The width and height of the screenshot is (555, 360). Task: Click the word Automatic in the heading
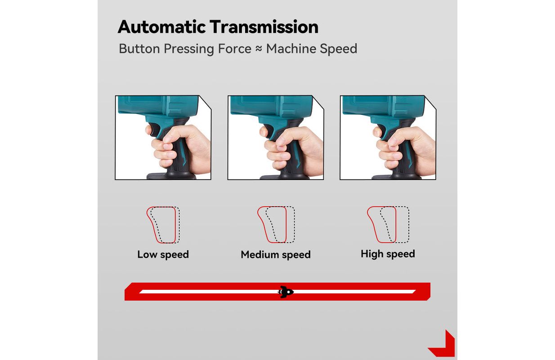[x=162, y=27]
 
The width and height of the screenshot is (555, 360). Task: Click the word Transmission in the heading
[x=264, y=27]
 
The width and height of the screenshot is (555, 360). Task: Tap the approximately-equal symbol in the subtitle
[x=259, y=49]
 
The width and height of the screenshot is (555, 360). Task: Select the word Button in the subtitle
[x=139, y=49]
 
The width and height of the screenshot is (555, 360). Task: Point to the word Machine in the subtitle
[x=291, y=49]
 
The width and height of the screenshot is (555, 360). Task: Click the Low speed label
[x=163, y=255]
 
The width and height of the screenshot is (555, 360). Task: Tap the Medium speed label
[x=276, y=255]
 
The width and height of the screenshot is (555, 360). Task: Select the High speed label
[x=388, y=254]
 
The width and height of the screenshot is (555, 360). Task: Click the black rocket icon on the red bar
[x=286, y=292]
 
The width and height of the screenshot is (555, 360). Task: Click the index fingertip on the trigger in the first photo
[x=149, y=130]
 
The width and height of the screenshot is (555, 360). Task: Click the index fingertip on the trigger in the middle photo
[x=263, y=131]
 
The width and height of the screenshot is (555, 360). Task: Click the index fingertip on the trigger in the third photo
[x=376, y=131]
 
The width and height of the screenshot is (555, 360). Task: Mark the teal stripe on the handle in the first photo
[x=184, y=159]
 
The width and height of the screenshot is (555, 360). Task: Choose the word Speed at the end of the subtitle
[x=339, y=49]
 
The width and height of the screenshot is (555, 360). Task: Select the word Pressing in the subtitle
[x=189, y=49]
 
